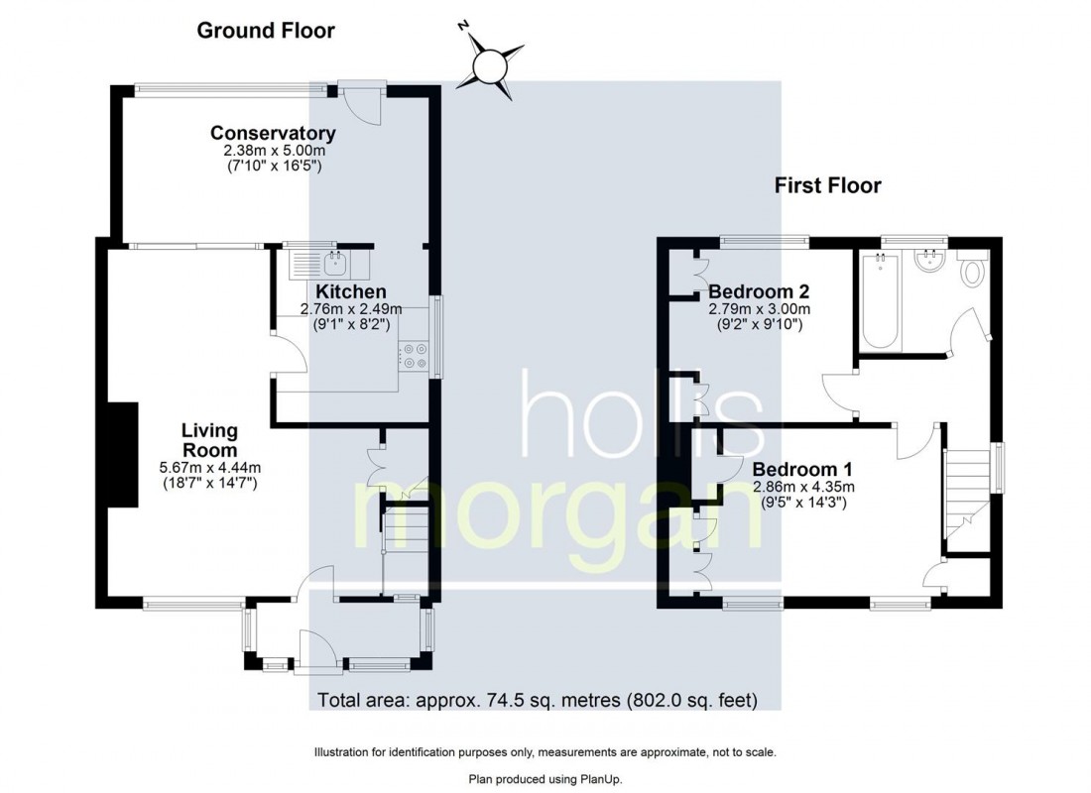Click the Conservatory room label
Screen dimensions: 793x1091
[273, 133]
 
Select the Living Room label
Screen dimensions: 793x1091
[209, 440]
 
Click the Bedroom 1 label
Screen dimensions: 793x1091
[802, 469]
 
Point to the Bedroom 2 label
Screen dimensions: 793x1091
[759, 291]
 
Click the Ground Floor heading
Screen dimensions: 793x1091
[266, 31]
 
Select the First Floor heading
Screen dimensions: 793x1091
[827, 185]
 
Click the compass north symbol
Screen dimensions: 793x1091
[489, 65]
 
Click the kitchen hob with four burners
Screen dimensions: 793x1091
[414, 356]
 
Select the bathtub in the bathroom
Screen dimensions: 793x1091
[881, 302]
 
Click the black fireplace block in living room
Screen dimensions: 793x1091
[123, 458]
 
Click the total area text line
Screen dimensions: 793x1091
[538, 701]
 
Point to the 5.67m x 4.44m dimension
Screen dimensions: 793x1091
[209, 468]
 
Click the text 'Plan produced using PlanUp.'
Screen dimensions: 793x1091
[545, 779]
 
